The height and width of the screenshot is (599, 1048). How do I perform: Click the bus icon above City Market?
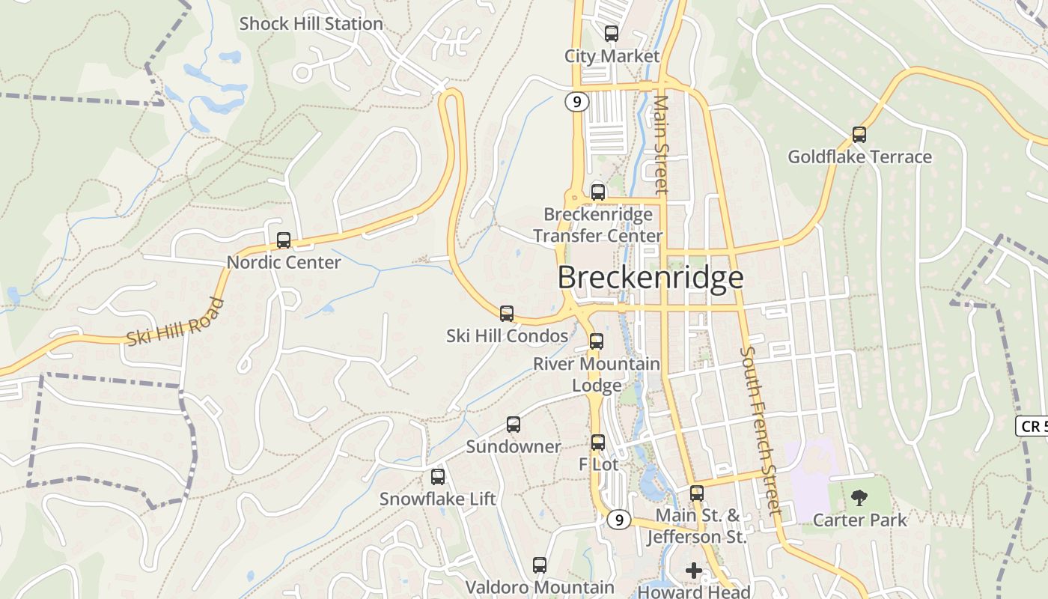point(612,34)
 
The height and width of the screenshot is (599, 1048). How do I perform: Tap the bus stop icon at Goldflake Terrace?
point(859,135)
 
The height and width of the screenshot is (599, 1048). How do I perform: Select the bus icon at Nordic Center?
point(284,240)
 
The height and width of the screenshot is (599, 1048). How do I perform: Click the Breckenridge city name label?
point(651,278)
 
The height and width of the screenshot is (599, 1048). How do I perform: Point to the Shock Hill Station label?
point(311,24)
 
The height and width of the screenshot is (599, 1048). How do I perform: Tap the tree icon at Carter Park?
point(859,497)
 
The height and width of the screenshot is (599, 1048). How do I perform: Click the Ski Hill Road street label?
point(175,323)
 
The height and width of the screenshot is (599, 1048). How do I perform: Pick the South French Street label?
point(761,431)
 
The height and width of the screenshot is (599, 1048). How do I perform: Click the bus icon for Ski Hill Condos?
point(507,314)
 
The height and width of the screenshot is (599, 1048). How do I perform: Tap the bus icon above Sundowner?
point(514,425)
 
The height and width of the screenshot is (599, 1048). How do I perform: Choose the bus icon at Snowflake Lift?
point(438,477)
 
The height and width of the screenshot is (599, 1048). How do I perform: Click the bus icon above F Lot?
point(597,443)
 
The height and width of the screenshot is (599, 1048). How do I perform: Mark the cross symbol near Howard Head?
point(694,571)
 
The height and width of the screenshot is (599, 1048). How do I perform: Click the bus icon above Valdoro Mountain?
point(540,565)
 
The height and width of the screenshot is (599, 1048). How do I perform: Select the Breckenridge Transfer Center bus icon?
point(597,192)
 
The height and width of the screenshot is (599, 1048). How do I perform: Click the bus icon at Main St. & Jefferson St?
point(697,493)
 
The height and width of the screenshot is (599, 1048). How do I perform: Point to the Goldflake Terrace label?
point(859,157)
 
